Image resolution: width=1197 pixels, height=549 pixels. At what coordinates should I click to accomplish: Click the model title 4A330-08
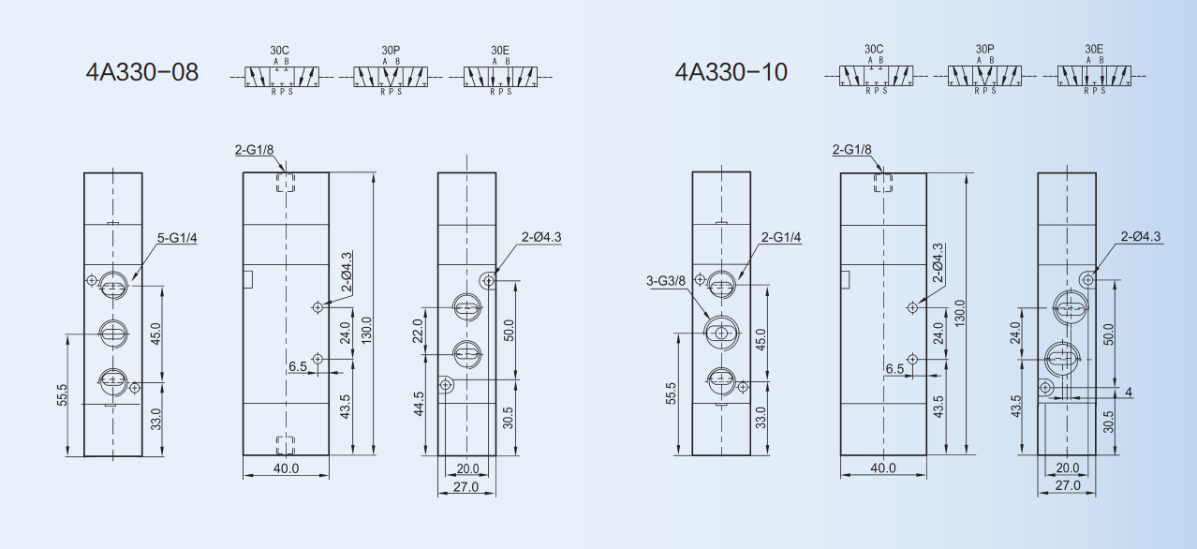pyautogui.click(x=142, y=72)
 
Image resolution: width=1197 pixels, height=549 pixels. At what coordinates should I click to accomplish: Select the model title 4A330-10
pyautogui.click(x=731, y=72)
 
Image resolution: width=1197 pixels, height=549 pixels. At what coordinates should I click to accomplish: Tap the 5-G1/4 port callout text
pyautogui.click(x=177, y=239)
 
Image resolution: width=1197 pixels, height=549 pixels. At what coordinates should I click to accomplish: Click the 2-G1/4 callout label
pyautogui.click(x=781, y=238)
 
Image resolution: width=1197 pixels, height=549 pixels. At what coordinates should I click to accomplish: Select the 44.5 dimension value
pyautogui.click(x=419, y=404)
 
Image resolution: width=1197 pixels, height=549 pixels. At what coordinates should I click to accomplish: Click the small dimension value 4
pyautogui.click(x=1129, y=392)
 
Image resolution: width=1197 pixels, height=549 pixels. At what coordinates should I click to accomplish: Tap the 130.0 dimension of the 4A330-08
pyautogui.click(x=366, y=328)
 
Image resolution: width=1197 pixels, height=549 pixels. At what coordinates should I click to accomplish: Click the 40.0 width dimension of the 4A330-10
pyautogui.click(x=883, y=467)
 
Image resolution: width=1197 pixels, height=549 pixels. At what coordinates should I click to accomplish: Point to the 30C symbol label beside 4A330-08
pyautogui.click(x=280, y=49)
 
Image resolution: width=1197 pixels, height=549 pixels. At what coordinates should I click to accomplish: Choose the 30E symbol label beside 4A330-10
pyautogui.click(x=1094, y=49)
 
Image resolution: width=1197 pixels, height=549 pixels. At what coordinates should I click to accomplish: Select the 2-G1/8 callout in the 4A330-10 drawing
pyautogui.click(x=851, y=150)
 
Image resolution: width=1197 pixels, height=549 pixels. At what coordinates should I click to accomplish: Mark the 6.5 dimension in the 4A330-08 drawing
pyautogui.click(x=298, y=366)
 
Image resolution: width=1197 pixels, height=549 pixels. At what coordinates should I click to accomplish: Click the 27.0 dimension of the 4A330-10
pyautogui.click(x=1068, y=485)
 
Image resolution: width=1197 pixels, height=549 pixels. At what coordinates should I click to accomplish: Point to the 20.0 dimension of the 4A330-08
pyautogui.click(x=467, y=468)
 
